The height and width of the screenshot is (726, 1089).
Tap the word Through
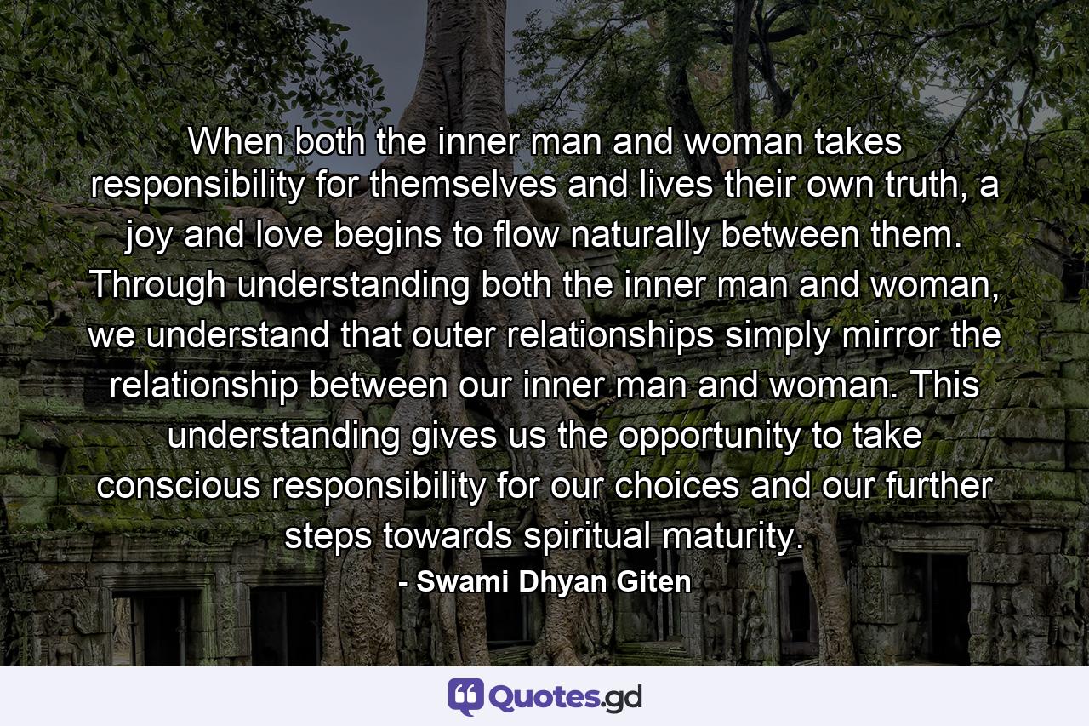point(159,285)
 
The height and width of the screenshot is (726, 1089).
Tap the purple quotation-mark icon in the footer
point(466,696)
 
